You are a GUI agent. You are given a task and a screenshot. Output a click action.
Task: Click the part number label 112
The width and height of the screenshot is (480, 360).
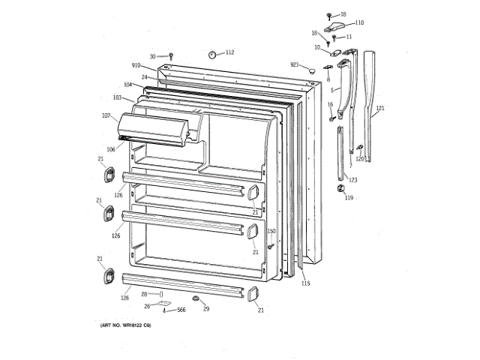pyautogui.click(x=229, y=52)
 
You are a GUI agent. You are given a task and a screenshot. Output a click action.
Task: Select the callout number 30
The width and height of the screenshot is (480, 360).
pyautogui.click(x=152, y=57)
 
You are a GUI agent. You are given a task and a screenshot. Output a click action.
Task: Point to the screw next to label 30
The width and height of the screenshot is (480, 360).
pyautogui.click(x=171, y=55)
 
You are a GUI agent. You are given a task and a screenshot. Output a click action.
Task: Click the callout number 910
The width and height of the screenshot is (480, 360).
pyautogui.click(x=136, y=66)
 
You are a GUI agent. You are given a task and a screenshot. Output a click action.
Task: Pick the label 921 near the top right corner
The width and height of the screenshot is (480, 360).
pyautogui.click(x=295, y=65)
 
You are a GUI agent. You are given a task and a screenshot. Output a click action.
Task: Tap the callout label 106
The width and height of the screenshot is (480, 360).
pyautogui.click(x=110, y=148)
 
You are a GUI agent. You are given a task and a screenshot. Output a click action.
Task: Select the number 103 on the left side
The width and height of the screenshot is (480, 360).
pyautogui.click(x=117, y=97)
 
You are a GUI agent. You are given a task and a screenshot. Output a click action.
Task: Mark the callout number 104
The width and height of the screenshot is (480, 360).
pyautogui.click(x=127, y=85)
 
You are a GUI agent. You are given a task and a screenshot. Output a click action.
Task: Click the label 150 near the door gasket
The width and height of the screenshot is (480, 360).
pyautogui.click(x=271, y=231)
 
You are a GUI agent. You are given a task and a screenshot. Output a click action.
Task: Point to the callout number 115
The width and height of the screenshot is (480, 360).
pyautogui.click(x=305, y=283)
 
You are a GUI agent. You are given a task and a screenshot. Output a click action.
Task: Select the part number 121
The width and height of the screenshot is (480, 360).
pyautogui.click(x=379, y=109)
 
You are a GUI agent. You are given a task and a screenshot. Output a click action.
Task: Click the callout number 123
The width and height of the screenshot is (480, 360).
pyautogui.click(x=352, y=180)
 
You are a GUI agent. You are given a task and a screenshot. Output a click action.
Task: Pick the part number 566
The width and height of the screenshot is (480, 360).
pyautogui.click(x=181, y=310)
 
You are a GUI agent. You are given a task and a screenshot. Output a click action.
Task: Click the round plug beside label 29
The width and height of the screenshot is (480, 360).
pyautogui.click(x=196, y=299)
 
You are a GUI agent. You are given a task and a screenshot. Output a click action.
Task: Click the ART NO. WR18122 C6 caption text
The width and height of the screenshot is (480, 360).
pyautogui.click(x=125, y=325)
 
